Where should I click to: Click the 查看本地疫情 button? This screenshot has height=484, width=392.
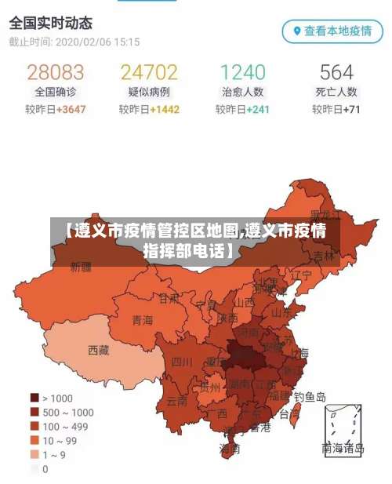tap(332, 31)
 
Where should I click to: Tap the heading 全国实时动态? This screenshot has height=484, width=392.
tap(51, 21)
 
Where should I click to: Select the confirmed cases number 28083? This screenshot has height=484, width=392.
tap(55, 73)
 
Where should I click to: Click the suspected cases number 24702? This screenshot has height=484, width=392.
tap(149, 73)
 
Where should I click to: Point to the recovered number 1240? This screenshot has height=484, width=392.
tap(242, 73)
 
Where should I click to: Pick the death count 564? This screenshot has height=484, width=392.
tap(336, 73)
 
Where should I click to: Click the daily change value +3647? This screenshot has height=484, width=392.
tap(70, 110)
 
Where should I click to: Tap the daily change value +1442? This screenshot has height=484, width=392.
tap(165, 110)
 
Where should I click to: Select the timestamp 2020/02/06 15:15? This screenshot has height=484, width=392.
tap(97, 42)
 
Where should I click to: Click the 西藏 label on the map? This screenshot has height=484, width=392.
tap(99, 350)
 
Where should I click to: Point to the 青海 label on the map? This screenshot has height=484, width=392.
tap(143, 319)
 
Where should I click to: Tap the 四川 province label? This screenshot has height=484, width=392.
tap(181, 362)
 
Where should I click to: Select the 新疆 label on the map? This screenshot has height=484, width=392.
tap(82, 267)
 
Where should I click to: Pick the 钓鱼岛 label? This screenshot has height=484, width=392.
tap(310, 397)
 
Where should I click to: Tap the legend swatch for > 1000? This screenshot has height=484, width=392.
tap(34, 398)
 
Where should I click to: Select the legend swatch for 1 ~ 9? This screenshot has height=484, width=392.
tap(34, 455)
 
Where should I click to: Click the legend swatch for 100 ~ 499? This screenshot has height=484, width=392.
tap(34, 426)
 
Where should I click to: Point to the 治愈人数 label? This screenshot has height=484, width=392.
tap(242, 93)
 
